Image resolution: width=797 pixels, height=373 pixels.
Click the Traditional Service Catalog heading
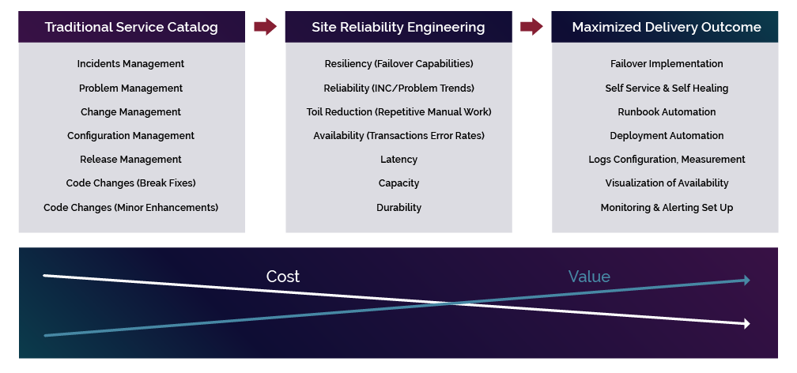(x=131, y=27)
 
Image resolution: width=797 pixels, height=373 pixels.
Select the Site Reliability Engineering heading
(x=398, y=27)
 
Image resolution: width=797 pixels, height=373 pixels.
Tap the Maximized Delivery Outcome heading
(x=667, y=27)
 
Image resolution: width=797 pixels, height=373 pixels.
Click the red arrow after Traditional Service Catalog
(x=265, y=27)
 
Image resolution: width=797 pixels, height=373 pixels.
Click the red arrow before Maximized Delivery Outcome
(x=531, y=27)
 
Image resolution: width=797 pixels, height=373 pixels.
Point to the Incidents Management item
(x=130, y=64)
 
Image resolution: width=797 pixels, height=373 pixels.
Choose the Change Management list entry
(x=130, y=112)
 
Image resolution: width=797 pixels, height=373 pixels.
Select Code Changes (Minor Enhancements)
(x=130, y=208)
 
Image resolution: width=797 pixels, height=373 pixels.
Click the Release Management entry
(x=130, y=160)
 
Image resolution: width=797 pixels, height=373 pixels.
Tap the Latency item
(x=398, y=160)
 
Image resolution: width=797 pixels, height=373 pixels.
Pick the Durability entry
(x=398, y=208)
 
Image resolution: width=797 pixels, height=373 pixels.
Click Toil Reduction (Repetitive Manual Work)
(x=398, y=112)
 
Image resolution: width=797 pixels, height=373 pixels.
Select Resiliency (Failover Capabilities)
(x=398, y=64)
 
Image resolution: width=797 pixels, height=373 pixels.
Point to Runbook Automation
(x=667, y=112)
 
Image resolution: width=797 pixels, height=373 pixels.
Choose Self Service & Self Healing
(x=667, y=89)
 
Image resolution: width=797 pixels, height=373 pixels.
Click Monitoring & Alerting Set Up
(x=667, y=208)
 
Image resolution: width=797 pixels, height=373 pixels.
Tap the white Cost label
(x=282, y=277)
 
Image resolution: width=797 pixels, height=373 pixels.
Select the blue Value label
(x=589, y=277)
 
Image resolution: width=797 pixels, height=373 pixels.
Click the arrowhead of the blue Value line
(x=745, y=280)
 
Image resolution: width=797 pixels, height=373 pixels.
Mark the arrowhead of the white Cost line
(x=745, y=323)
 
